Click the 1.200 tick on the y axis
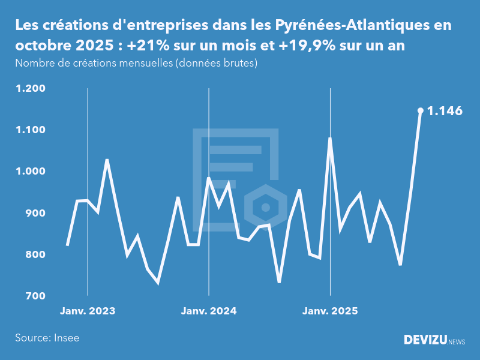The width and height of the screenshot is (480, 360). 31,89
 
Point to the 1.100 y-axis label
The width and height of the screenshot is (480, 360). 31,130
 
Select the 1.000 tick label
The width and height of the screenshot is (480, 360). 31,172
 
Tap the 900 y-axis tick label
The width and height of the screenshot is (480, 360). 35,213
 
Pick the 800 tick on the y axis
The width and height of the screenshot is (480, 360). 35,254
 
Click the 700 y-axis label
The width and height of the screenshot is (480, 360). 35,296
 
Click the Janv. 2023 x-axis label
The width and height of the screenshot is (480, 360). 88,311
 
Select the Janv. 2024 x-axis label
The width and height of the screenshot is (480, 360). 209,311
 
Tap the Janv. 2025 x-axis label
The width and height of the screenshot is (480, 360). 330,311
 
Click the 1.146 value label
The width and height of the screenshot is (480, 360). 445,111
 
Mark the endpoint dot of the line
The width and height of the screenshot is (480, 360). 421,110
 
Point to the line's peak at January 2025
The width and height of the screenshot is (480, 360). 330,139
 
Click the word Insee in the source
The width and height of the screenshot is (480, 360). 66,338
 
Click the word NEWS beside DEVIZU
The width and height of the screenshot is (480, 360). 457,341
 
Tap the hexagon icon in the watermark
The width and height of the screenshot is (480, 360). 264,208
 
